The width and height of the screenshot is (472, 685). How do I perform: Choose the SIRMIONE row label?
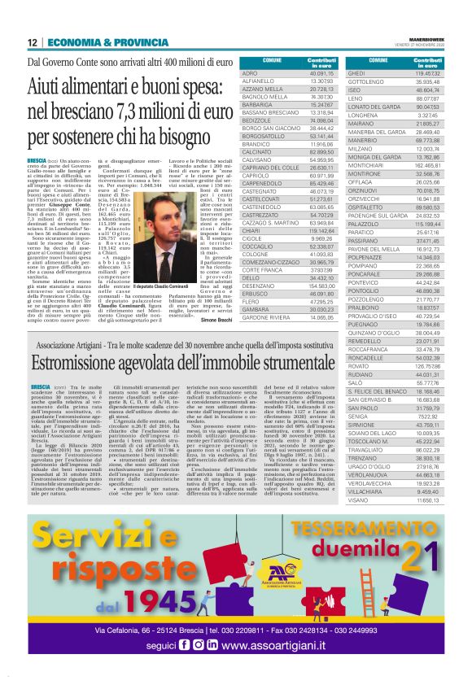point(361,425)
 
